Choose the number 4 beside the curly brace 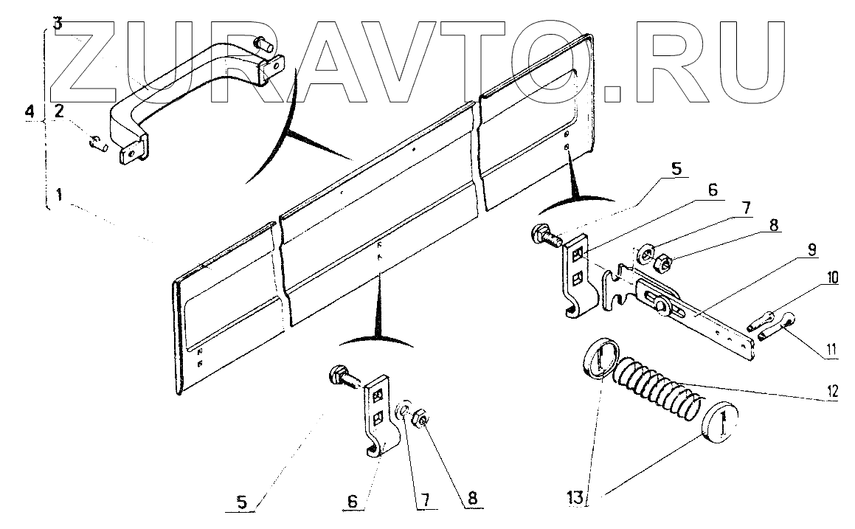(x=29, y=112)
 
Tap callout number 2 (x=58, y=112)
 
